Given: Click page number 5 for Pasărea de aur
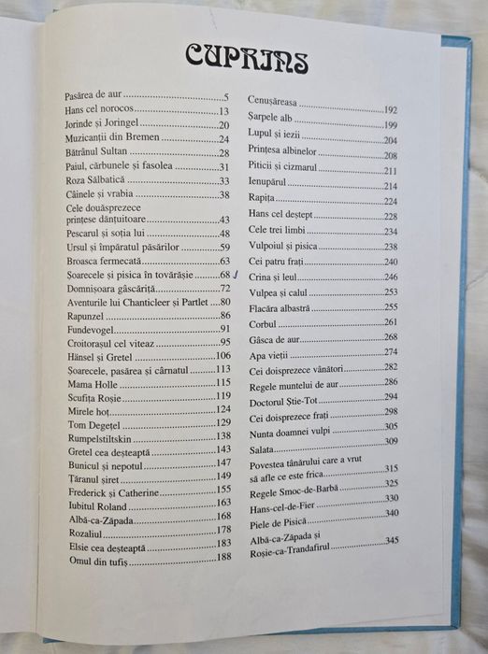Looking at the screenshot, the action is tap(225, 96).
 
